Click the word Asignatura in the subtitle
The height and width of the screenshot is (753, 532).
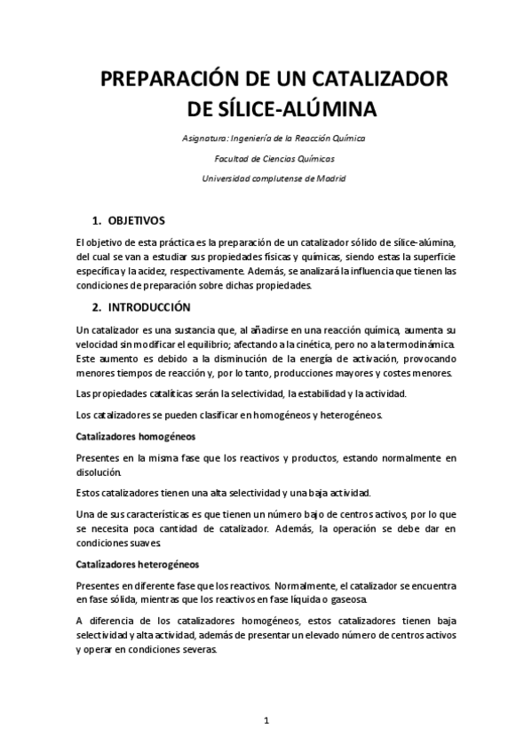[203, 139]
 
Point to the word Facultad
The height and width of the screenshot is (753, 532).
[234, 159]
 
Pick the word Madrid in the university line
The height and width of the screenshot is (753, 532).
[330, 178]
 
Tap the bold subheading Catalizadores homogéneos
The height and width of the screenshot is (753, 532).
[136, 437]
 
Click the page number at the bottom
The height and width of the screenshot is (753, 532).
[266, 720]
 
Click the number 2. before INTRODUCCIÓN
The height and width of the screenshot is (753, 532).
[97, 307]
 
